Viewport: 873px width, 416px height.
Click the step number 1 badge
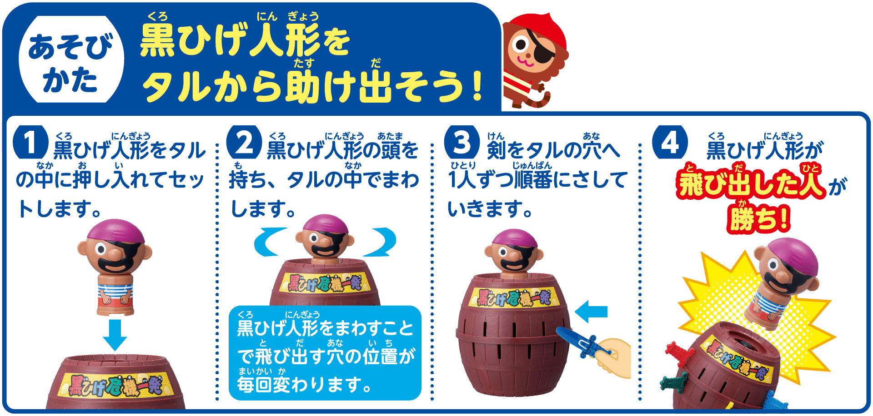30,142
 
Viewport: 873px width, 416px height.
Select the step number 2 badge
244,142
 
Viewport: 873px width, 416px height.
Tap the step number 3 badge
462,142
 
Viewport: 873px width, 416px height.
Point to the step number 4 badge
670,142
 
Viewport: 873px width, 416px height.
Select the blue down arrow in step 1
115,335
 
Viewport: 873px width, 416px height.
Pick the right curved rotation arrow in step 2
381,243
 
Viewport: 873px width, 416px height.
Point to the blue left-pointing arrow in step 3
591,312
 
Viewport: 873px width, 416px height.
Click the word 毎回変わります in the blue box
305,384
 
